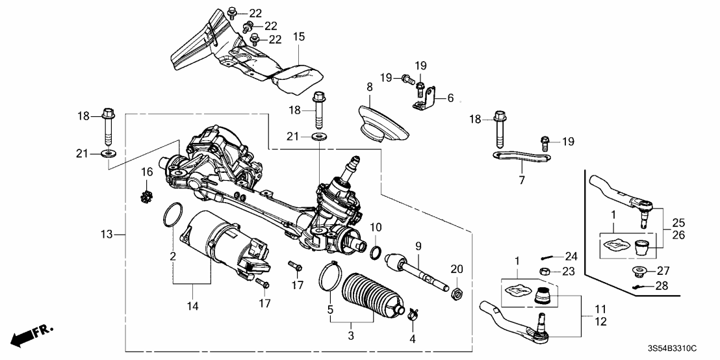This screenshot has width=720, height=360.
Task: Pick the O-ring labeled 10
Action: tap(376, 252)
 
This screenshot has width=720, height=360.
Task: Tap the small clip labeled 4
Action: tap(412, 316)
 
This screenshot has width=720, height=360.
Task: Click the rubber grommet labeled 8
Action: tap(382, 124)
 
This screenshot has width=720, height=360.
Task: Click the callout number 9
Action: tap(418, 246)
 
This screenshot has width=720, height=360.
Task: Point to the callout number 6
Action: tap(449, 98)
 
